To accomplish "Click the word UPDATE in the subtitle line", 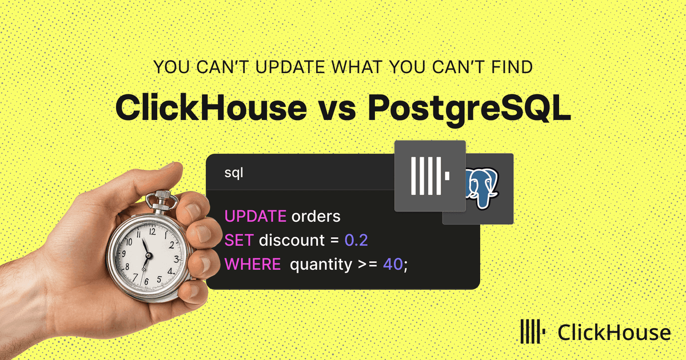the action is [290, 67].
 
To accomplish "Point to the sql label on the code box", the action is [234, 173].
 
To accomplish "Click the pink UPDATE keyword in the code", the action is [256, 216].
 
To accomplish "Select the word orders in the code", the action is [316, 216].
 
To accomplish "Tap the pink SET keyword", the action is [239, 240].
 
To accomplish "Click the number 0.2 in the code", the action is [356, 240].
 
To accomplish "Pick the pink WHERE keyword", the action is [253, 264].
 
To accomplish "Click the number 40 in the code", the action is [393, 264].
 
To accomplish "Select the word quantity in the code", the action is [321, 265].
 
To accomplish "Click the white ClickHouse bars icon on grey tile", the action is [430, 176].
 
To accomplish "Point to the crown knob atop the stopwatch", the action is [162, 196].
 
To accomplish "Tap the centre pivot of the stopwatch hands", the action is [149, 255].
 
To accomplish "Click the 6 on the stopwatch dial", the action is [146, 282].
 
